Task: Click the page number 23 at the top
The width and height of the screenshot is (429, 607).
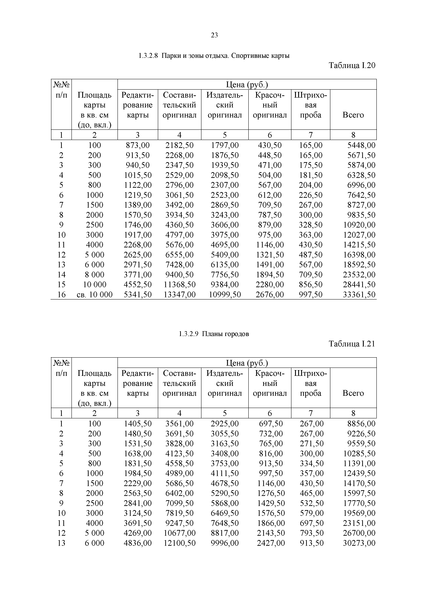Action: click(214, 35)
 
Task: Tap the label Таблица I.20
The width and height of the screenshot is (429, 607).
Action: click(352, 65)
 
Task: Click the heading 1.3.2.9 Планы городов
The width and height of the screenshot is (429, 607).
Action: click(214, 334)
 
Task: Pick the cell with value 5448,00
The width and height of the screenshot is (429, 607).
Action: click(361, 145)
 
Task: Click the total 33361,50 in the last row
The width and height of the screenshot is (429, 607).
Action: click(359, 295)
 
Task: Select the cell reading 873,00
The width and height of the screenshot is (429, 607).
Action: click(137, 145)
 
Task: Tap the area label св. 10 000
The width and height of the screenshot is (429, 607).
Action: click(94, 295)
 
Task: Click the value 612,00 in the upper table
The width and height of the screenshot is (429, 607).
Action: click(270, 195)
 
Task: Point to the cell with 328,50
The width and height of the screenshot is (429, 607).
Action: click(311, 225)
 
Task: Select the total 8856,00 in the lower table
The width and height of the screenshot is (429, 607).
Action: click(361, 424)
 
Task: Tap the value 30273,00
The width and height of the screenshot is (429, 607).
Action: click(359, 543)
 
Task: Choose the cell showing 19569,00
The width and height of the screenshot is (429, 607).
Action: click(359, 513)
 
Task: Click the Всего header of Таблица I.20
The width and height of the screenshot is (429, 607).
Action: click(353, 115)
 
